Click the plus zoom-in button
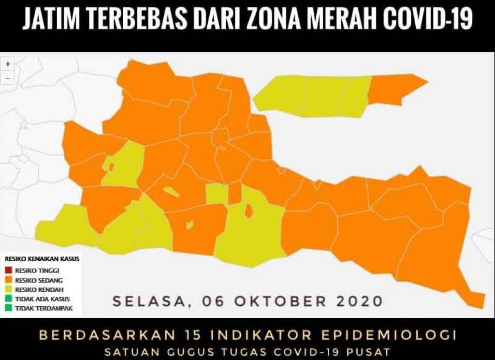8,64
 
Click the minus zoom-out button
8,77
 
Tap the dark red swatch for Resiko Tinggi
9,270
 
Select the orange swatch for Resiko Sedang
9,280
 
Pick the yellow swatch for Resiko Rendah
9,289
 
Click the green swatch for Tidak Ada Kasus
9,299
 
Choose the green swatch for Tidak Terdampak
9,308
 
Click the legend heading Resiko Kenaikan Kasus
42,259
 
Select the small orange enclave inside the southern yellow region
249,211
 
